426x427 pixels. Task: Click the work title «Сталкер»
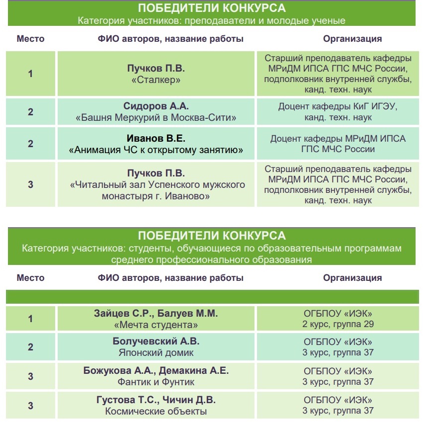pos(156,80)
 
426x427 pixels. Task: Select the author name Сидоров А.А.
pos(156,106)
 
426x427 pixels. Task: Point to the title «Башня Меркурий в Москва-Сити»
pos(156,118)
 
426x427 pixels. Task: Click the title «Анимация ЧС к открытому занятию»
pos(156,149)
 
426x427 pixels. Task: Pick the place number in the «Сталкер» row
pos(31,74)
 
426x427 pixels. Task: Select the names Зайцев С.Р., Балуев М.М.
pos(156,314)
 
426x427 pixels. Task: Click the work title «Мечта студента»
pos(156,326)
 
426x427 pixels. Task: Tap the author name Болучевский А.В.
pos(156,341)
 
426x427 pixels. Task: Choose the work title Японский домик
pos(156,353)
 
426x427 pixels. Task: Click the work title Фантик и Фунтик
pos(156,382)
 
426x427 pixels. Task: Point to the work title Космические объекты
pos(156,411)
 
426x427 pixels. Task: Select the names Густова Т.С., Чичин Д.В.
pos(156,400)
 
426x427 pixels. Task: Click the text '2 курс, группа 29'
pos(338,325)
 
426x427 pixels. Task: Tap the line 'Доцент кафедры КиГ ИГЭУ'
pos(338,106)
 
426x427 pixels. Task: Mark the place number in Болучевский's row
pos(31,347)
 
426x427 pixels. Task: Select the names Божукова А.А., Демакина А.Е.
pos(156,371)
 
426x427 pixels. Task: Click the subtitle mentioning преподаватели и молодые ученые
pos(211,21)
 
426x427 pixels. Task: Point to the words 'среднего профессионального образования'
pos(211,259)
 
